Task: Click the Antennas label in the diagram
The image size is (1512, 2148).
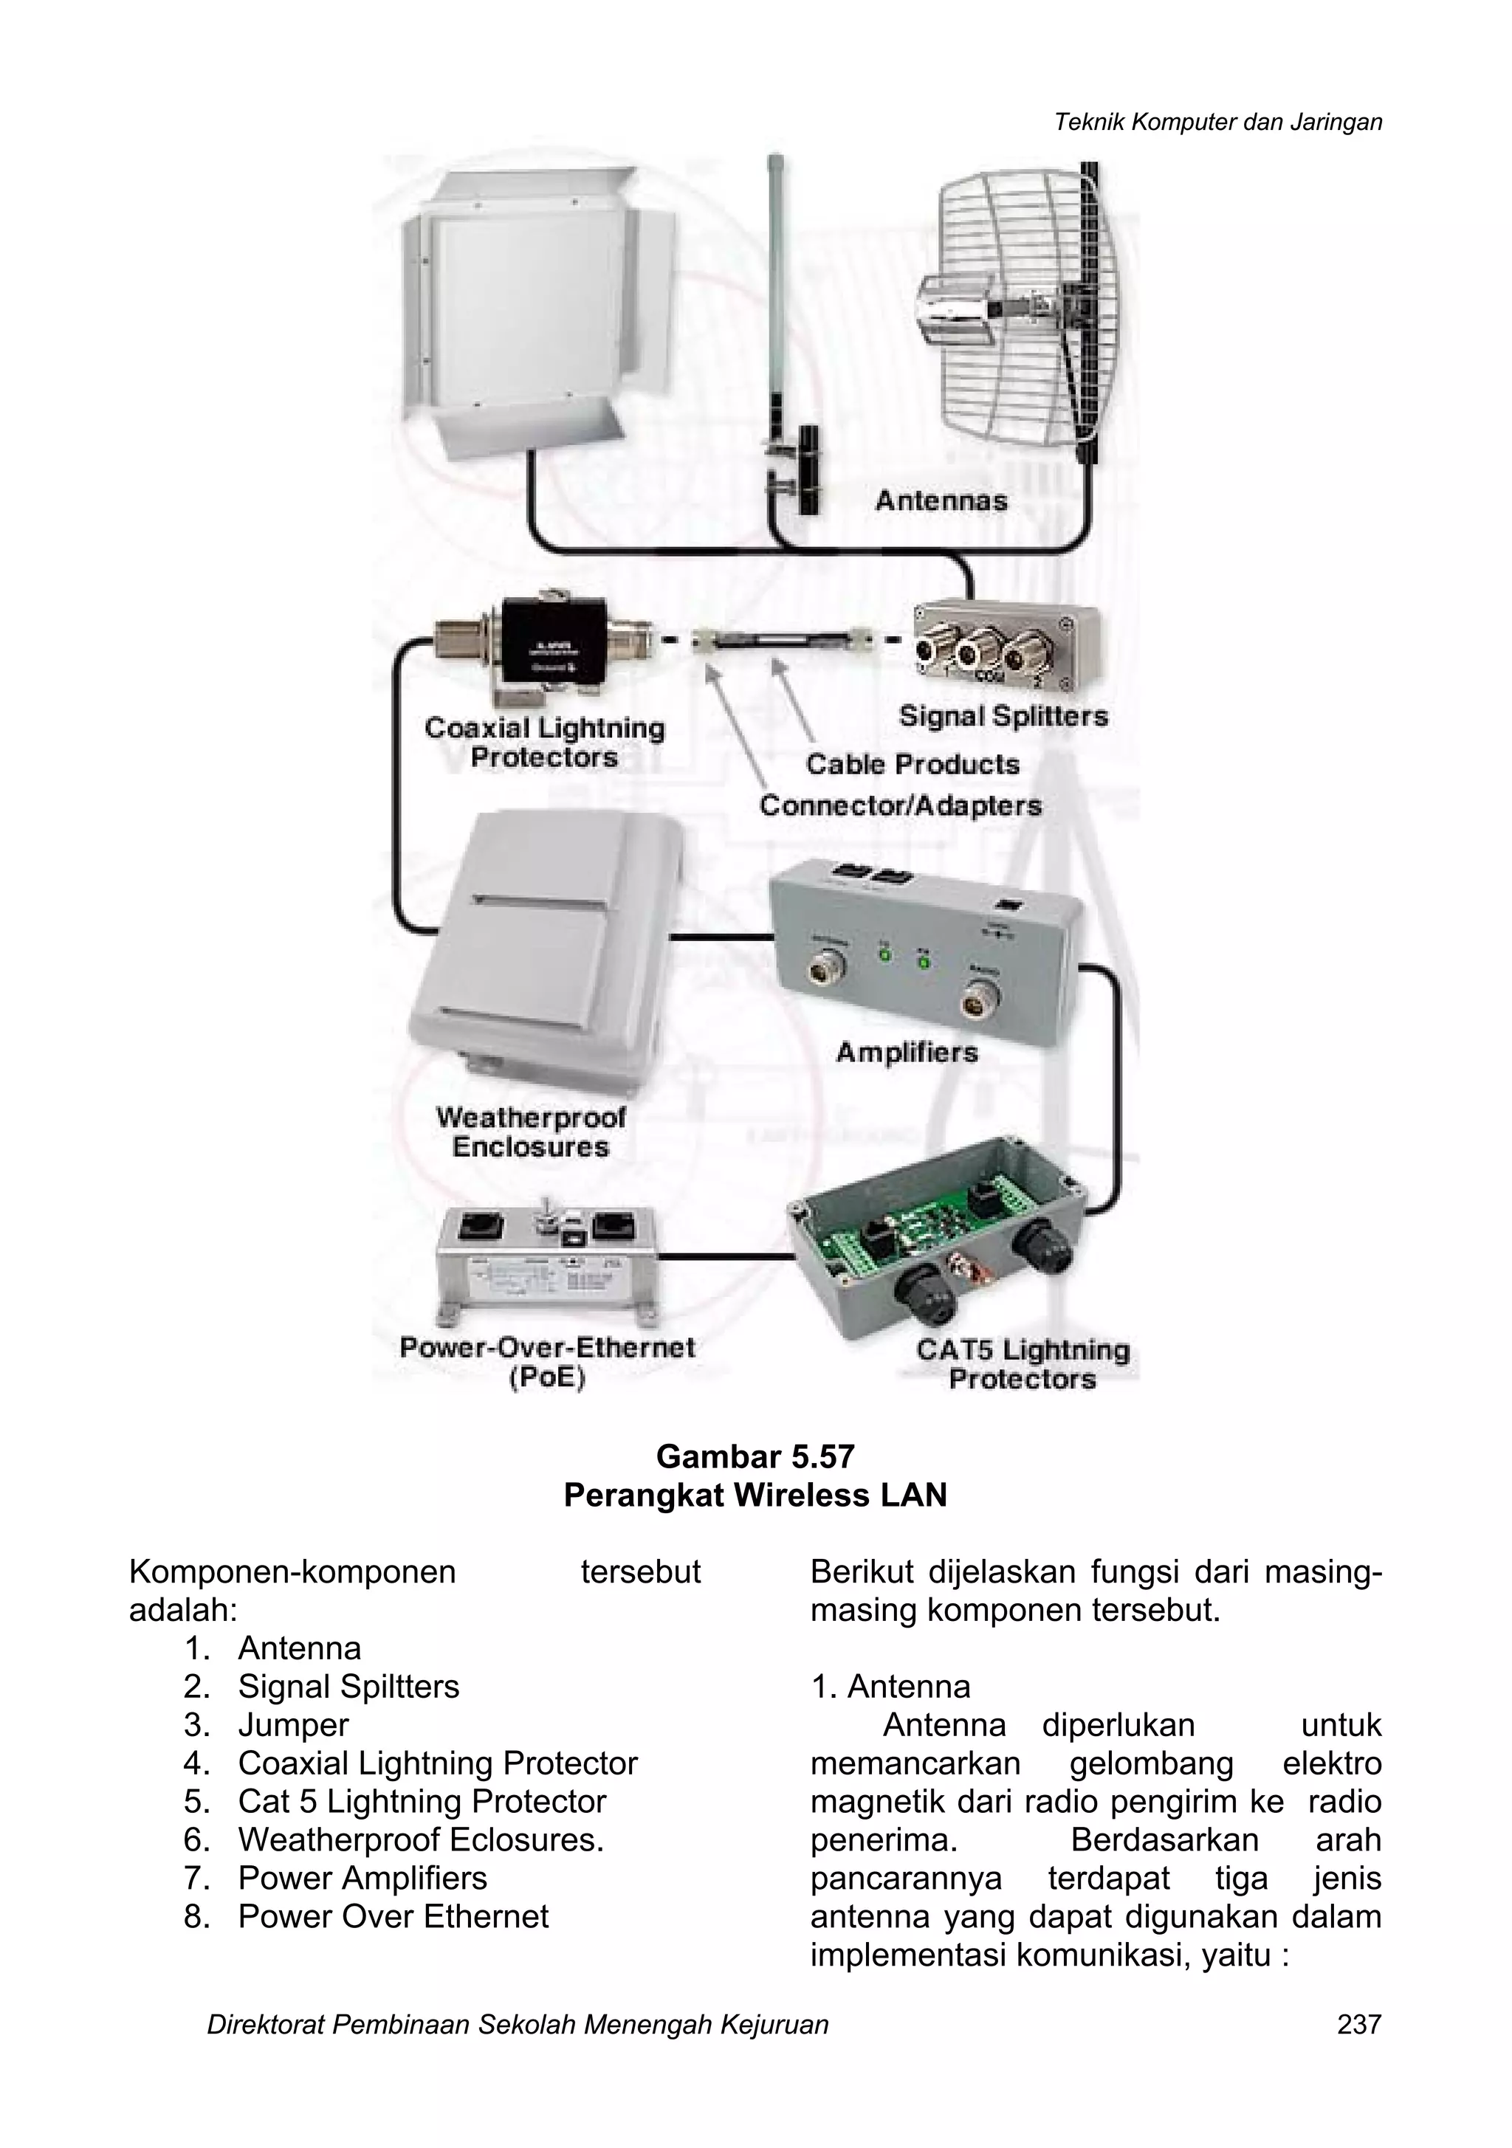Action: (941, 501)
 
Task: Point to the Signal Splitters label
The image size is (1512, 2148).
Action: (1003, 717)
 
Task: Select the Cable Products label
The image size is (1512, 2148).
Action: (913, 764)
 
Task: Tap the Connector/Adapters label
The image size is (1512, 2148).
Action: (900, 805)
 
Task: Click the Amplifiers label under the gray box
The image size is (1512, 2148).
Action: (906, 1053)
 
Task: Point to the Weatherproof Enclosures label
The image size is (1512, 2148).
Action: (531, 1132)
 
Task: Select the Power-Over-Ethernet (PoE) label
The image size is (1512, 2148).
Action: (547, 1362)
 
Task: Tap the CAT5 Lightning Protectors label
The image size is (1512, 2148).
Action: (1023, 1364)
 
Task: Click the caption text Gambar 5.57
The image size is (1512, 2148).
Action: (755, 1456)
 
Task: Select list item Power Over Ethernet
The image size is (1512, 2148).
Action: (393, 1916)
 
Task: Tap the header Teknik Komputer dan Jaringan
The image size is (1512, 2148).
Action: (1217, 122)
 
